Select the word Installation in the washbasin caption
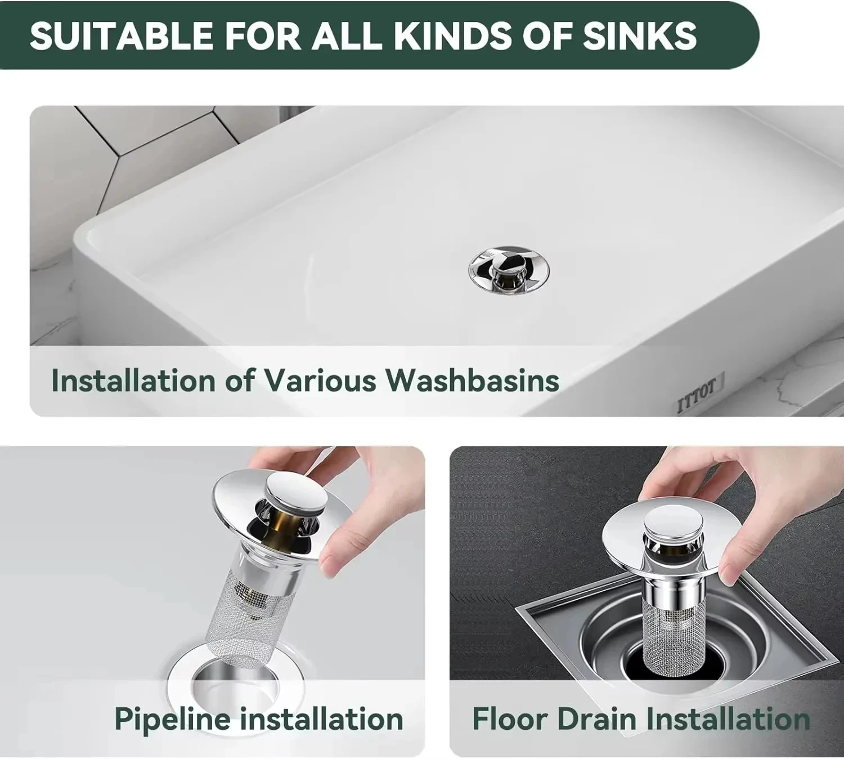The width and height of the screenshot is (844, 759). click(x=133, y=380)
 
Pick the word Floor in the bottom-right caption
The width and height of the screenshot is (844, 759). click(x=510, y=718)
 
